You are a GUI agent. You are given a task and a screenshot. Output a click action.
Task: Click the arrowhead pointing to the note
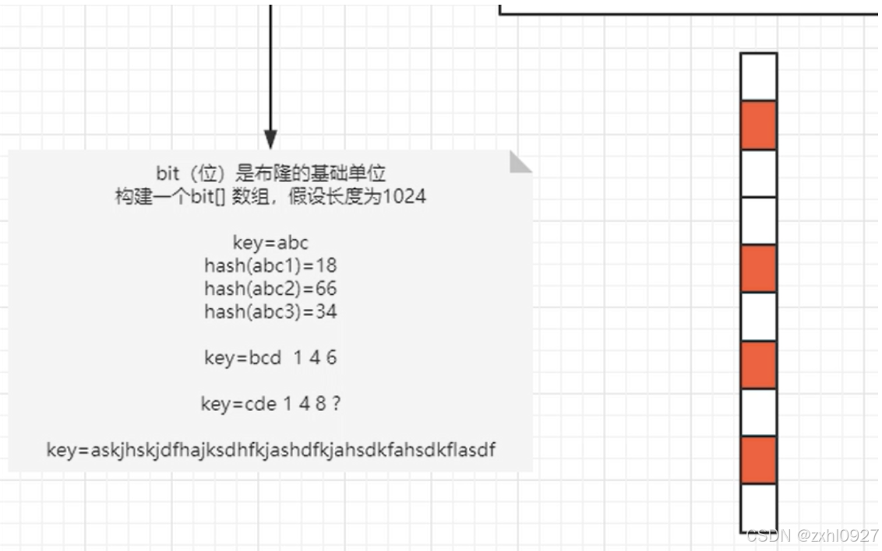(x=270, y=139)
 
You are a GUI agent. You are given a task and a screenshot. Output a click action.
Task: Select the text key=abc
(x=270, y=243)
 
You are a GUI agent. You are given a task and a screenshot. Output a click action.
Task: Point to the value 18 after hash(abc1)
(x=327, y=265)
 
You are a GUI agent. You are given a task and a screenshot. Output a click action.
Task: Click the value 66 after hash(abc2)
(x=327, y=289)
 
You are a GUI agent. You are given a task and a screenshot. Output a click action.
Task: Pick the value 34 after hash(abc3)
(x=327, y=312)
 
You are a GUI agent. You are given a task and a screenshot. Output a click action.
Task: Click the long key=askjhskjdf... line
(x=270, y=450)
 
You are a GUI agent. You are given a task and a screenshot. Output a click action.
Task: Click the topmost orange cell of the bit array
(x=758, y=125)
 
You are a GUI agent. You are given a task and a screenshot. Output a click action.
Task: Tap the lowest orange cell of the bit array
(x=758, y=460)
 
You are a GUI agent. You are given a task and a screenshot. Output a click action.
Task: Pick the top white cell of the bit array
(x=758, y=76)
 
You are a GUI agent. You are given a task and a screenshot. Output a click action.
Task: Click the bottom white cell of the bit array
(x=758, y=507)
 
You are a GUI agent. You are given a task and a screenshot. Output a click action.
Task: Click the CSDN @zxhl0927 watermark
(x=811, y=535)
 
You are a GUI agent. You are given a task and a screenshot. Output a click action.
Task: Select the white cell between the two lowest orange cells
(x=758, y=412)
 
